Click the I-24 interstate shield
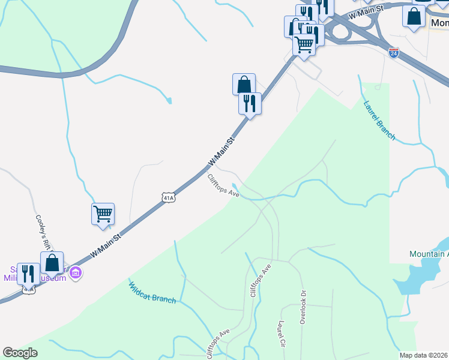[394, 53]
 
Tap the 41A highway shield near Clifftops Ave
[169, 197]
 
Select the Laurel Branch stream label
[379, 121]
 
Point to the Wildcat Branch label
[152, 292]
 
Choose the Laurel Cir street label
[281, 335]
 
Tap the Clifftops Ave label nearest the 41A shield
[223, 186]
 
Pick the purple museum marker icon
[75, 274]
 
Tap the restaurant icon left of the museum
[28, 274]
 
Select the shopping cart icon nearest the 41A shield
[103, 214]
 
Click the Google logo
[20, 353]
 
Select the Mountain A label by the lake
[429, 254]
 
